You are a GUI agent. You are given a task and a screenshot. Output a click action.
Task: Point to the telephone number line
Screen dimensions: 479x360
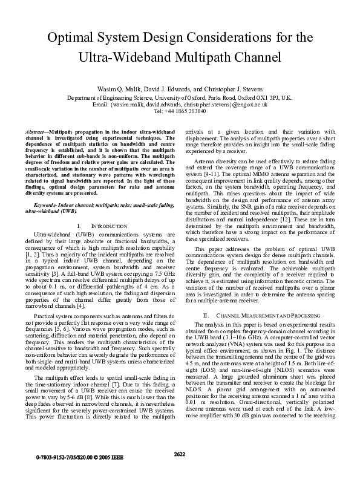click(180, 111)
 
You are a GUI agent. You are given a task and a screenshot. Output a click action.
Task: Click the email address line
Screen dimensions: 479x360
click(180, 104)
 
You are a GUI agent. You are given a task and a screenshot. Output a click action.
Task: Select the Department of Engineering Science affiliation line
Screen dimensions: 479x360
click(180, 97)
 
